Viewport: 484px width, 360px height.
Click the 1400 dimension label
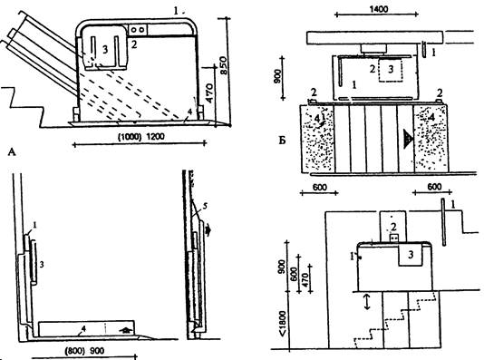[379, 9]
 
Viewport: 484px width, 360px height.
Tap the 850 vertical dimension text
[224, 65]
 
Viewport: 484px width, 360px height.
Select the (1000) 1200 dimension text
[141, 136]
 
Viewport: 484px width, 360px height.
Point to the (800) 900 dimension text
[84, 351]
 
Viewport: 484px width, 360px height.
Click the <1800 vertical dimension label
[283, 323]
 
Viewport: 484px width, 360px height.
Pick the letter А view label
[12, 152]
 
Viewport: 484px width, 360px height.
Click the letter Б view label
[282, 141]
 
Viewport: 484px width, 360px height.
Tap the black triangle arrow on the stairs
[408, 139]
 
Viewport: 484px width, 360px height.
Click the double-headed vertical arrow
[367, 301]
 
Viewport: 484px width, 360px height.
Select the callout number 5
[205, 206]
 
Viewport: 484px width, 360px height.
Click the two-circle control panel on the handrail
[138, 30]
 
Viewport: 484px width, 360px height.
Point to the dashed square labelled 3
[391, 70]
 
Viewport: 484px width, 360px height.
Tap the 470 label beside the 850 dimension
[209, 92]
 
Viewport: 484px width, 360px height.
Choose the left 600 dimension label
[319, 187]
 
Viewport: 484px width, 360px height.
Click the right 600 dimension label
[434, 187]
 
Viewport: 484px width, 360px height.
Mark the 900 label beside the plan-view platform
[277, 76]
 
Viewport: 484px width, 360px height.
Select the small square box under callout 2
[394, 238]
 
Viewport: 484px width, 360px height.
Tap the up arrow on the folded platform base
[125, 330]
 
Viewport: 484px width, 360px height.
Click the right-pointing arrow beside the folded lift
[208, 230]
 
